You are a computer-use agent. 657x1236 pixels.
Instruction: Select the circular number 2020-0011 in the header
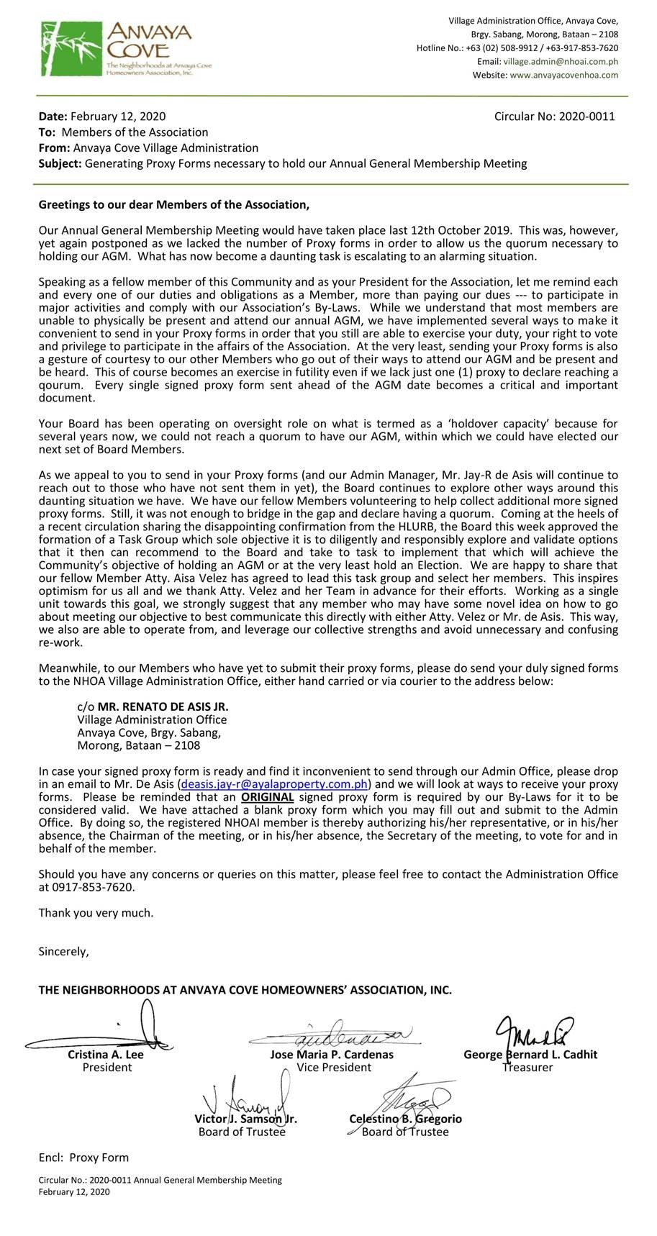pyautogui.click(x=585, y=116)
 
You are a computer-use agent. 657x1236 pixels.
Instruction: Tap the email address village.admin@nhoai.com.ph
pyautogui.click(x=564, y=61)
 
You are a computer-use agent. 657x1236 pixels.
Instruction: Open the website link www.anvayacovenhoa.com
pyautogui.click(x=563, y=75)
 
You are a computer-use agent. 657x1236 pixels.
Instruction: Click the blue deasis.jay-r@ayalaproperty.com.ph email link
pyautogui.click(x=275, y=783)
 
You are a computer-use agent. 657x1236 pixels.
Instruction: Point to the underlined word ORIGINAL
pyautogui.click(x=267, y=796)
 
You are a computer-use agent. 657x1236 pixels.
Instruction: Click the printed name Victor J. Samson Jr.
pyautogui.click(x=245, y=1119)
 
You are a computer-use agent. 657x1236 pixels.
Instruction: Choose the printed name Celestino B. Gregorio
pyautogui.click(x=405, y=1119)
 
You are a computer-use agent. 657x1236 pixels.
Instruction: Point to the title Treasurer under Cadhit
pyautogui.click(x=527, y=1067)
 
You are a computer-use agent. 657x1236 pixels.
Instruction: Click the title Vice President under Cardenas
pyautogui.click(x=334, y=1067)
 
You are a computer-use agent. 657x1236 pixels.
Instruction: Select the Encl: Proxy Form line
pyautogui.click(x=83, y=1157)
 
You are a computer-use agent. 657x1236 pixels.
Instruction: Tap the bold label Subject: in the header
pyautogui.click(x=60, y=163)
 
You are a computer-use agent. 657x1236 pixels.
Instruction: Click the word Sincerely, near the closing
pyautogui.click(x=63, y=951)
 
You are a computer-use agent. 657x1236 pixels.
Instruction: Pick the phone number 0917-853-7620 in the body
pyautogui.click(x=93, y=887)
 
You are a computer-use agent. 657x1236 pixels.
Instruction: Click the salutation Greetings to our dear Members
pyautogui.click(x=173, y=205)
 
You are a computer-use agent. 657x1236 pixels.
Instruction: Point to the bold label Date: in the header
pyautogui.click(x=53, y=116)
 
